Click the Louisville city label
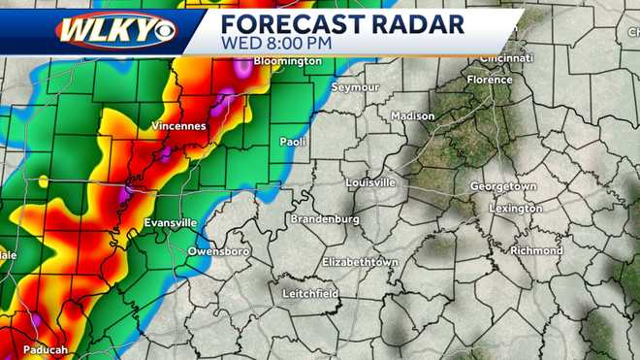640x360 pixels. pos(370,182)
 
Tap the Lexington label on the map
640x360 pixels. pos(516,208)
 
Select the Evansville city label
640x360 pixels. pos(170,223)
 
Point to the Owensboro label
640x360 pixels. pos(218,251)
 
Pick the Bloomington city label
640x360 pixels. pos(287,61)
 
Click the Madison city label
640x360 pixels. pos(413,115)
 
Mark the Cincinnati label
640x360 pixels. pos(505,58)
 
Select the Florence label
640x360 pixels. pos(489,80)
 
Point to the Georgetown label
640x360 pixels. pos(503,185)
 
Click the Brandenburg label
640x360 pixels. pos(325,219)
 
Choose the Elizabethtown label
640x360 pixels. pos(360,262)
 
